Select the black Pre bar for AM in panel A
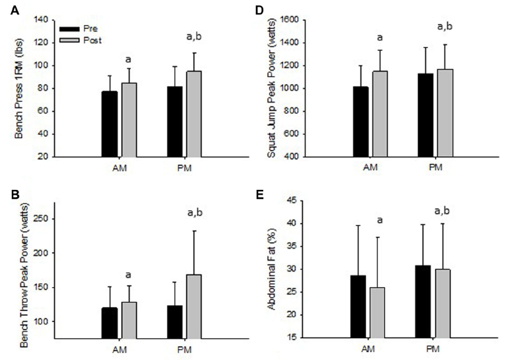[x=109, y=124]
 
